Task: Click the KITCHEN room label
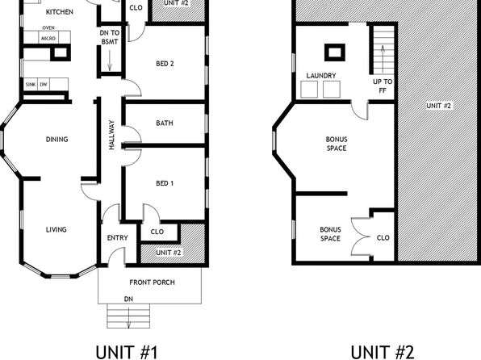tap(60, 12)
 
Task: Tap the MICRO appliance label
tap(48, 39)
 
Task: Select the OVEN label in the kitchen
tap(48, 27)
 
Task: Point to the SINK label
tap(31, 84)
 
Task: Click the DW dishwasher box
tap(44, 84)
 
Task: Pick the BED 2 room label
tap(165, 64)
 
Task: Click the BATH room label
tap(165, 123)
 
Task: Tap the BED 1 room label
tap(165, 183)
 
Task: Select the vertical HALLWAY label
tap(111, 135)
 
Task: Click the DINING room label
tap(56, 140)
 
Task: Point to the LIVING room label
tap(56, 229)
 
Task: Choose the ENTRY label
tap(118, 238)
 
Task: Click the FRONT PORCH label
tap(152, 283)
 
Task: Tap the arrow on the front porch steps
tap(129, 316)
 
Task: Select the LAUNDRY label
tap(321, 76)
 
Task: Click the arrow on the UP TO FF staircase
tap(383, 59)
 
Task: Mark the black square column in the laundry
tap(335, 52)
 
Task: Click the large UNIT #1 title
tap(127, 352)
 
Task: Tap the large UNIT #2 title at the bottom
tap(382, 352)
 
